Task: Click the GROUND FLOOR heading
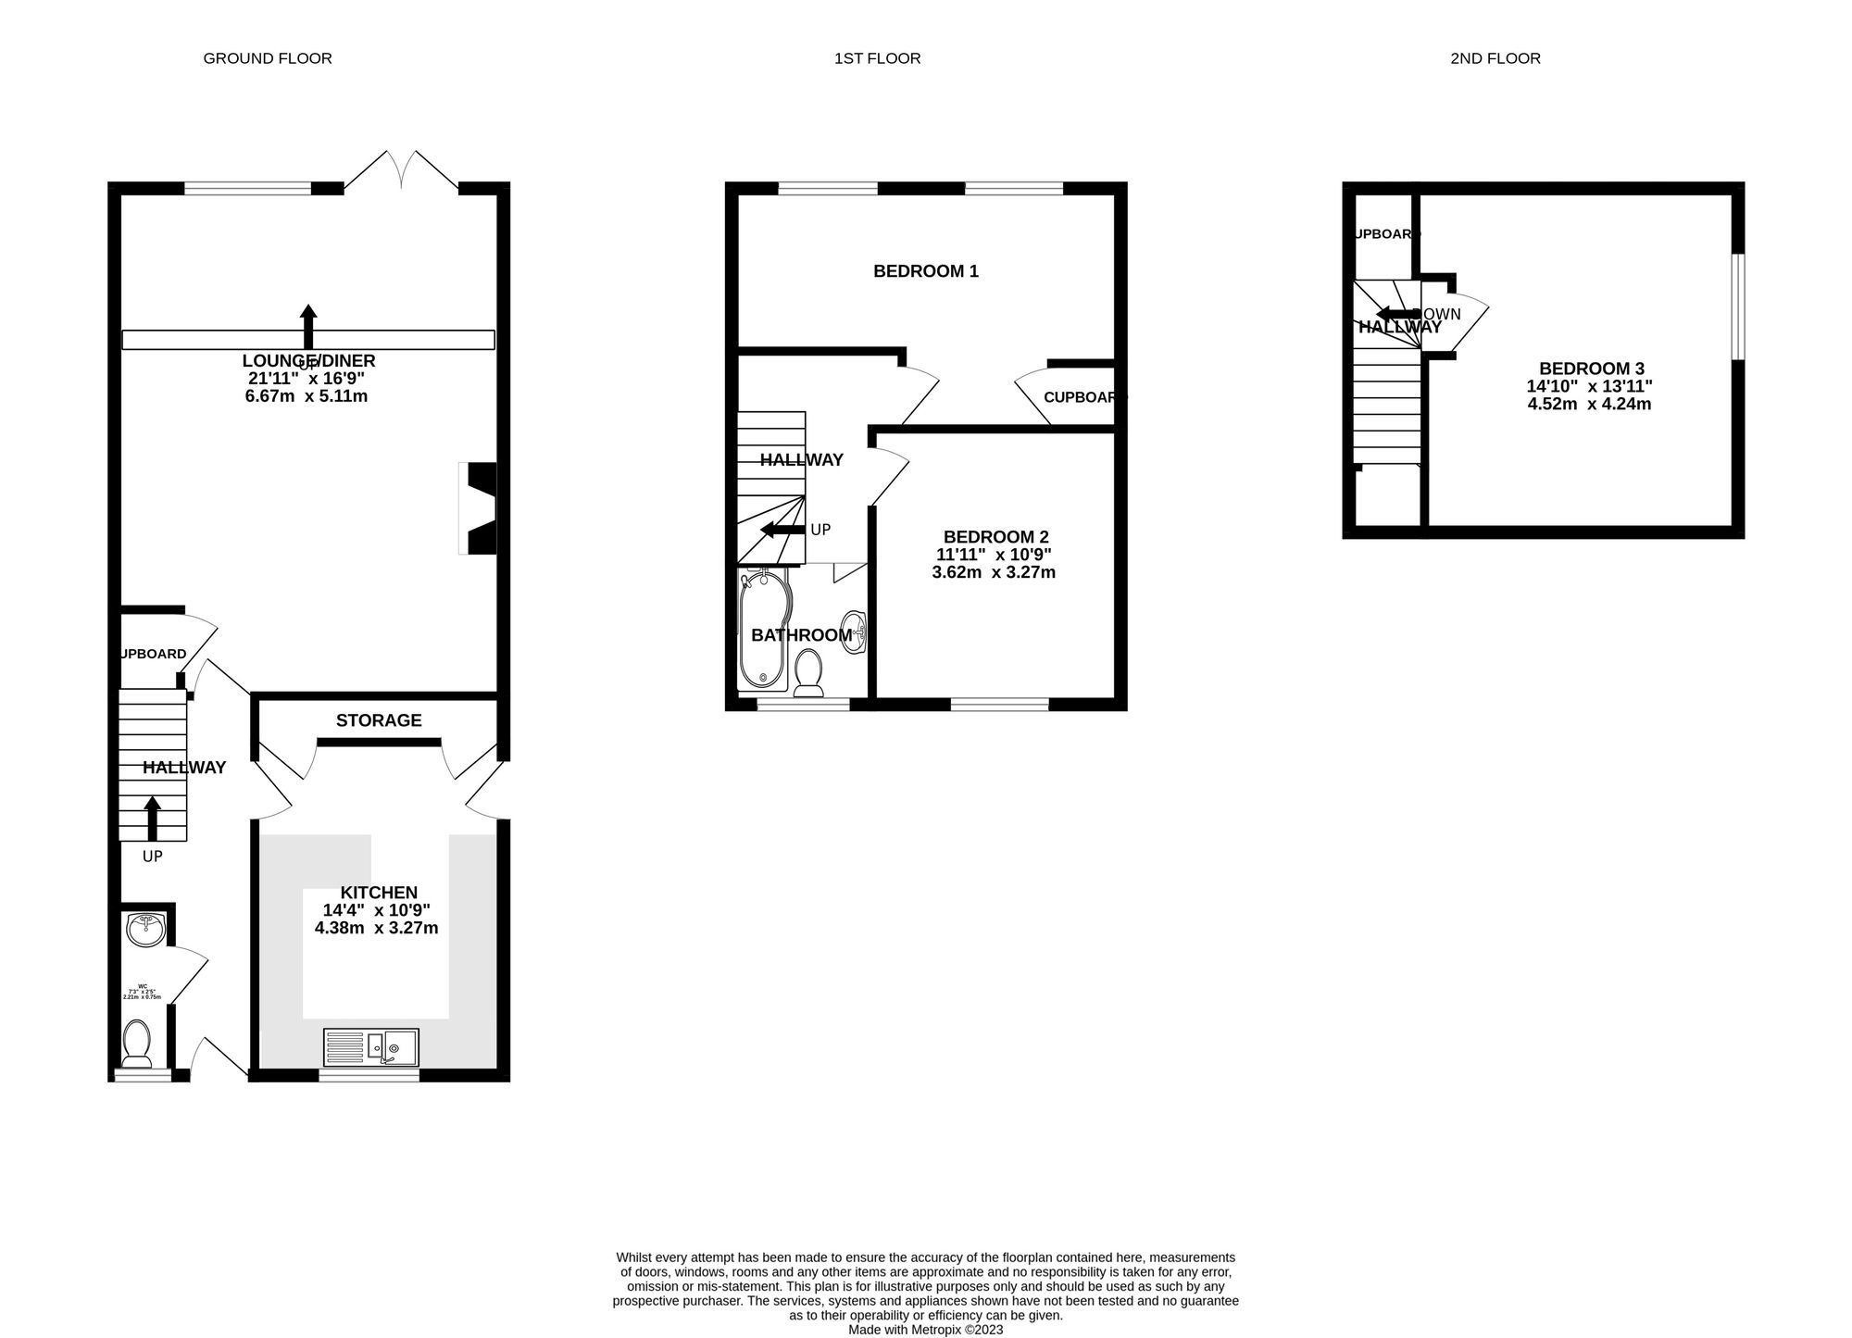tap(267, 58)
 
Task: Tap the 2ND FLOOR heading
tap(1495, 58)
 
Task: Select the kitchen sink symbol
tap(371, 1047)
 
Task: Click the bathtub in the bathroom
tap(762, 630)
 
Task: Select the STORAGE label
tap(379, 720)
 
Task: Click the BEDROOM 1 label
tap(926, 271)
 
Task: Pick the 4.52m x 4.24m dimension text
tap(1589, 404)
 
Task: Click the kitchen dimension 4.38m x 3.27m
tap(377, 928)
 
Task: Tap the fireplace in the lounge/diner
tap(480, 508)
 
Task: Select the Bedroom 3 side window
tap(1738, 306)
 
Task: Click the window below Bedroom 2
tap(999, 705)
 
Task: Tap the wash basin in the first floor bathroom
tap(853, 632)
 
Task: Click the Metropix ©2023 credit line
tap(925, 1330)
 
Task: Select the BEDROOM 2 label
tap(995, 537)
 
